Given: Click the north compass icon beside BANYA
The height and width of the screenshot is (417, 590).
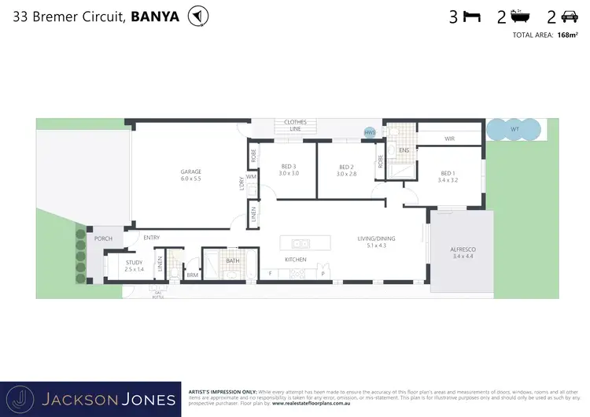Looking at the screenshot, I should point(199,17).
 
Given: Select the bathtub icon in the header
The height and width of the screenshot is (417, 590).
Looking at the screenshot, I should point(520,17).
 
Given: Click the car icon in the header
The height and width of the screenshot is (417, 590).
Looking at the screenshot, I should point(568,17).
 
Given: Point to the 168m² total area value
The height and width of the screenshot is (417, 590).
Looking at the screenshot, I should point(566,35).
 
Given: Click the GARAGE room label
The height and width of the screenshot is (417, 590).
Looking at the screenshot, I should point(190,172).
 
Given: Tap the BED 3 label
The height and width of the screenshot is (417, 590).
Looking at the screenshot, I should point(288,166).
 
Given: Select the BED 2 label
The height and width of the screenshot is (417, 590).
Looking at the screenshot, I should point(346,167).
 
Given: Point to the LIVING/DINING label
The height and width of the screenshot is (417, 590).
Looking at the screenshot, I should point(377,240).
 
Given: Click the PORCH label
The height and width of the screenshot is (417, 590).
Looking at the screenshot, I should point(103,238).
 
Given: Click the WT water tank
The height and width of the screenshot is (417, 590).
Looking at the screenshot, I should point(514,129).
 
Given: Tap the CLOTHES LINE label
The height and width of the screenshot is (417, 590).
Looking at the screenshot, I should point(287,126).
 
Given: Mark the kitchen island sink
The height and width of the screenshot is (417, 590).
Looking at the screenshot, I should point(301,243).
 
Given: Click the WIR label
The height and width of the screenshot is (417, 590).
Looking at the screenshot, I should point(449,139).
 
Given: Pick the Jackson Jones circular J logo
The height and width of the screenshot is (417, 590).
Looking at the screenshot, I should point(24,399).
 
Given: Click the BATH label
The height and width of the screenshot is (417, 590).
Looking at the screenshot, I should point(232,260).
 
